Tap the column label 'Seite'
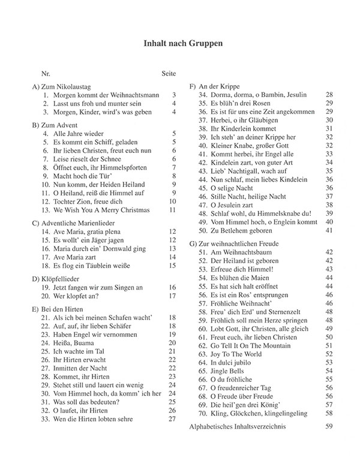click(169, 74)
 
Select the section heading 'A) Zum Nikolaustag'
click(67, 86)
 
